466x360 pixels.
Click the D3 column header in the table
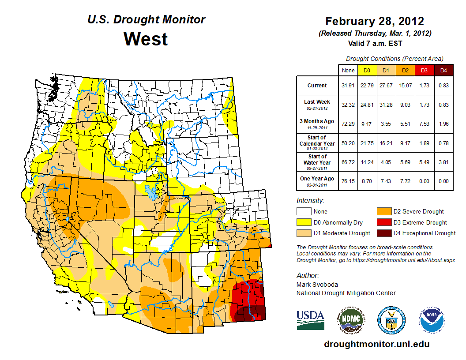tap(424, 70)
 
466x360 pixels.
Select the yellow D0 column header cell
tap(367, 70)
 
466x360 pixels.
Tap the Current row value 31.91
tap(348, 86)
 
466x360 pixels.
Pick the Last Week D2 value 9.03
tap(405, 105)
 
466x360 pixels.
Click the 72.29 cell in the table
tap(348, 124)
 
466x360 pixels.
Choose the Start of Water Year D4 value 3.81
tap(443, 162)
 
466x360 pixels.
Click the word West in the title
tap(146, 39)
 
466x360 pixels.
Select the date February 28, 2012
tap(375, 21)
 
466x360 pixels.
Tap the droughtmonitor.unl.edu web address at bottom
tap(376, 344)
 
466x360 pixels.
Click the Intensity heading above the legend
tap(310, 201)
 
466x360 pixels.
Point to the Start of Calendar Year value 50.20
tap(348, 143)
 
